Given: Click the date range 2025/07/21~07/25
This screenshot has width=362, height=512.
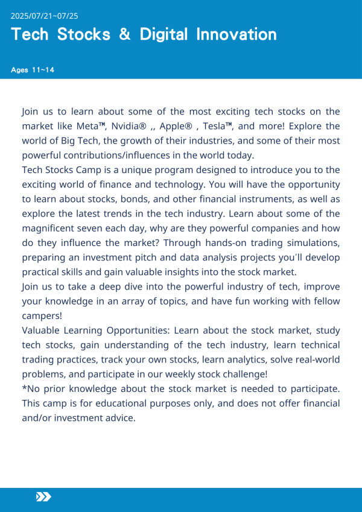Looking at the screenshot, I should point(45,15).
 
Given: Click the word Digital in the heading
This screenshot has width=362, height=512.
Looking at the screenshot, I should point(165,34).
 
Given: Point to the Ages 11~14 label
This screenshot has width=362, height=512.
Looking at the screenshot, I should point(33,70).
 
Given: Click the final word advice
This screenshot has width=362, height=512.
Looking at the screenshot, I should point(119,417).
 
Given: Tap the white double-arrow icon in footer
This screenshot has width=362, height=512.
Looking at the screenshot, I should point(43,496).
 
